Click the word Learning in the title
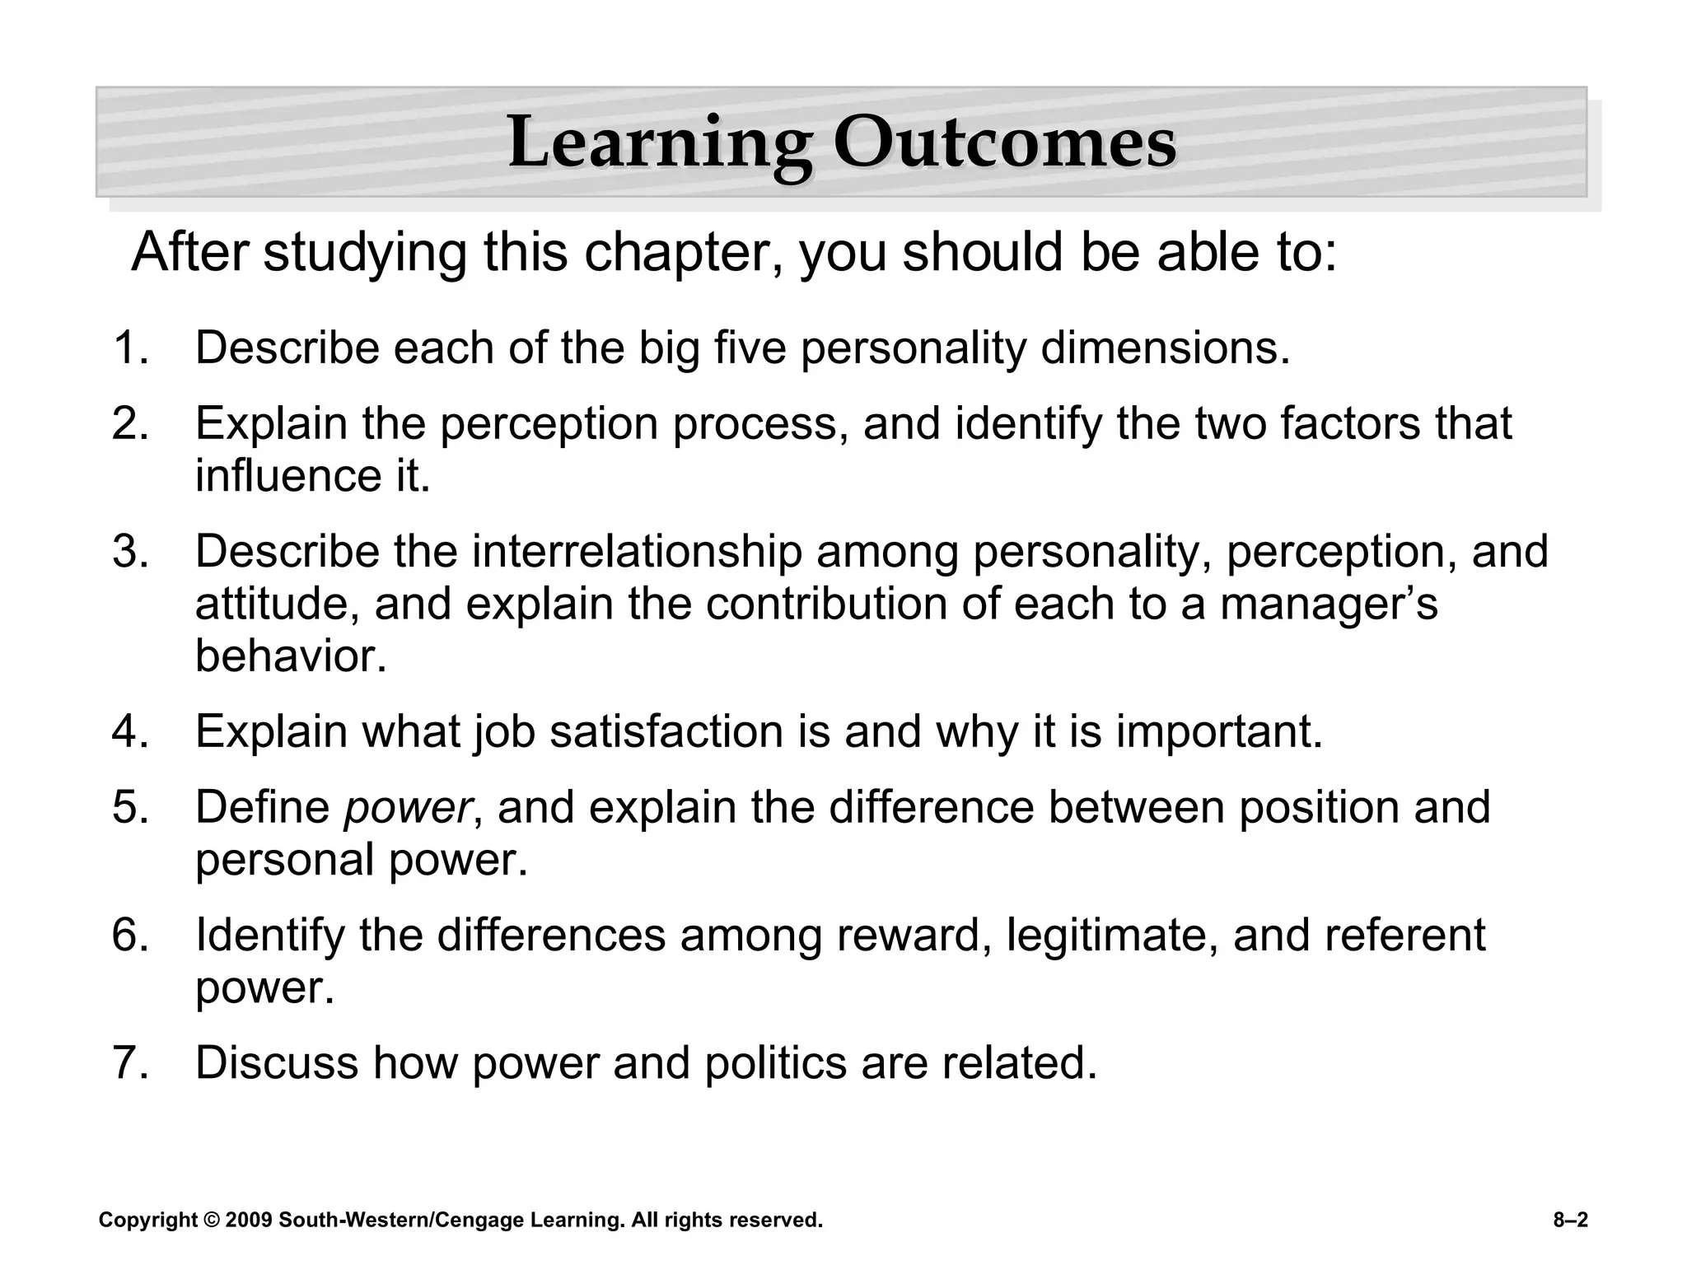(659, 144)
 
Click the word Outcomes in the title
(1004, 144)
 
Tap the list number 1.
(129, 348)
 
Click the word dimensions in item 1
(1165, 348)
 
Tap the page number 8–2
(1570, 1220)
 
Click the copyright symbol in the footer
(212, 1220)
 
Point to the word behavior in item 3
(290, 656)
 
